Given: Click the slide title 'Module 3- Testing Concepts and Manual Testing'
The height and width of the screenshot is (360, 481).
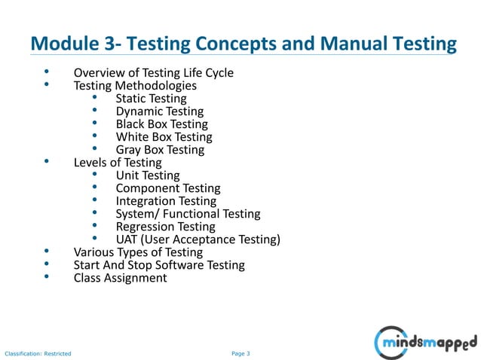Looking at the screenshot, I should click(243, 45).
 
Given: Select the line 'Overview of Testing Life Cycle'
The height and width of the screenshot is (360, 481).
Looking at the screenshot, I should click(153, 73).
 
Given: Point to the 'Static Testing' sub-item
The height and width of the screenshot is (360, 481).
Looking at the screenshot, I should click(151, 99).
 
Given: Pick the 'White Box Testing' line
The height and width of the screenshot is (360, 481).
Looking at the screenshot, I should click(164, 137).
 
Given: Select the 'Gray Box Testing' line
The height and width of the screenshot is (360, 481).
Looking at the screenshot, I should click(160, 150).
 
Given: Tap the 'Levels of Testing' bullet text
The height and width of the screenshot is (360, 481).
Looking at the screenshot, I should click(118, 163).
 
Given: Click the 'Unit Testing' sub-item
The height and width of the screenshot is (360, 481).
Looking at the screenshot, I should click(147, 175).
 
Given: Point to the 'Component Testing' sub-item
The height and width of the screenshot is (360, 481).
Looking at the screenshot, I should click(168, 188).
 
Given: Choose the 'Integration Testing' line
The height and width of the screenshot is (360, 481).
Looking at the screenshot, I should click(166, 201).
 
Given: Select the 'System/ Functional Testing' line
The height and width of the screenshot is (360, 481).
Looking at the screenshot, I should click(188, 214).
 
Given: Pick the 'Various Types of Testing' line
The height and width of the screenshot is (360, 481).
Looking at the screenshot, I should click(138, 252).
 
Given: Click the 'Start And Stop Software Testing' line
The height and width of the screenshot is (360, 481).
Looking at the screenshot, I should click(159, 265).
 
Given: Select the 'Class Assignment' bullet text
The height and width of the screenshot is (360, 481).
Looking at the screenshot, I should click(120, 278).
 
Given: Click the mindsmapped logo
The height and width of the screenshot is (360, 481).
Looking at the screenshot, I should click(425, 343).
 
